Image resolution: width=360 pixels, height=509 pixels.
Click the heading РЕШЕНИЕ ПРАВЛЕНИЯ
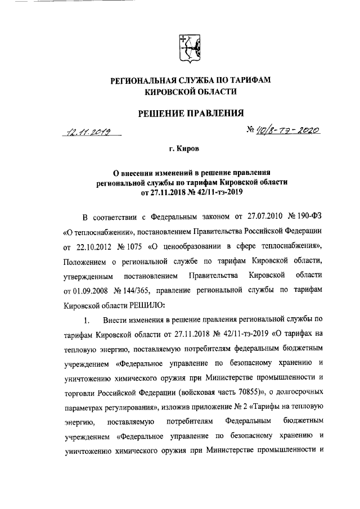click(190, 114)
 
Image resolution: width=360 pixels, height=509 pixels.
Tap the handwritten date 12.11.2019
click(89, 133)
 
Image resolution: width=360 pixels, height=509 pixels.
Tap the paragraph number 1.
click(86, 321)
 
